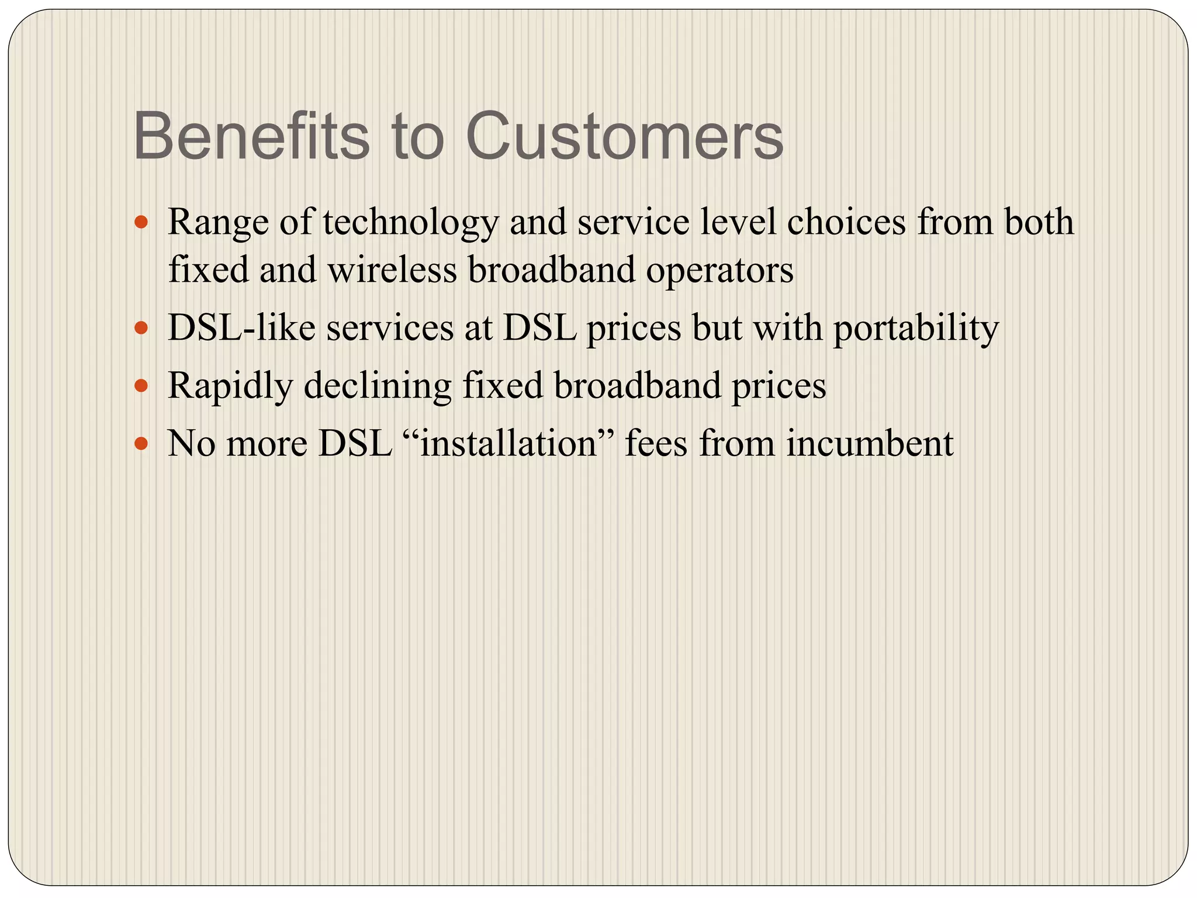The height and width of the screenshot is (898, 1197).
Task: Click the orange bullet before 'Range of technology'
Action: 141,223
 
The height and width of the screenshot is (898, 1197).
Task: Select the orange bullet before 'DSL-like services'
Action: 141,329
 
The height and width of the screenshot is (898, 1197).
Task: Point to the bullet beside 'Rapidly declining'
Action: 141,386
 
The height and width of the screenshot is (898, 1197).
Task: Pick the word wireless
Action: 392,271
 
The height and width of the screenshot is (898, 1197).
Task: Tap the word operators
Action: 719,271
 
